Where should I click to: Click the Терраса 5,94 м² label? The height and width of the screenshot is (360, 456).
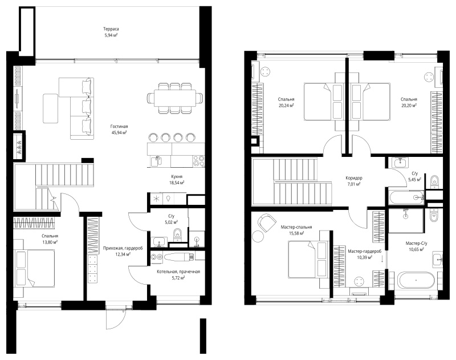(111, 32)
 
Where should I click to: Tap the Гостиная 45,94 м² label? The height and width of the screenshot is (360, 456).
(119, 130)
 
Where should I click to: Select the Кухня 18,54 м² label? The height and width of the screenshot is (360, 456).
(177, 180)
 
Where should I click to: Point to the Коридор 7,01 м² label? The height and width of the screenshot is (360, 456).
(353, 181)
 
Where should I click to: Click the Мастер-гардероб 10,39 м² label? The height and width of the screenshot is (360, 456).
(364, 254)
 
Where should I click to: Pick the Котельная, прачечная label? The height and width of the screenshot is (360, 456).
(178, 272)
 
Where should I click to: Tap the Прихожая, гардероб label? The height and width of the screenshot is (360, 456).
(119, 248)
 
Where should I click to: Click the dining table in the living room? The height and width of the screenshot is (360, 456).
(175, 98)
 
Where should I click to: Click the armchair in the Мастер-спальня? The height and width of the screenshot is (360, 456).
(267, 223)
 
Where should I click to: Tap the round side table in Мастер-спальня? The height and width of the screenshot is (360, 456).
(258, 236)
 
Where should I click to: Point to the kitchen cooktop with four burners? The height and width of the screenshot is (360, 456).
(199, 161)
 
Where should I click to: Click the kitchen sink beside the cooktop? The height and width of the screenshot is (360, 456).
(157, 161)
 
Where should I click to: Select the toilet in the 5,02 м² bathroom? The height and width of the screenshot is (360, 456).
(177, 234)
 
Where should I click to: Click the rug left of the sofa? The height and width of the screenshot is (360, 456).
(51, 108)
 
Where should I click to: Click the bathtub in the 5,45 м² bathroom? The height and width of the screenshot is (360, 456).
(406, 197)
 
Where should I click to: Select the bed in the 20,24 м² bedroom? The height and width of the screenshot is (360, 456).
(323, 102)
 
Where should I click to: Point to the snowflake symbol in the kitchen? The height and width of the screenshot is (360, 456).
(156, 199)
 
